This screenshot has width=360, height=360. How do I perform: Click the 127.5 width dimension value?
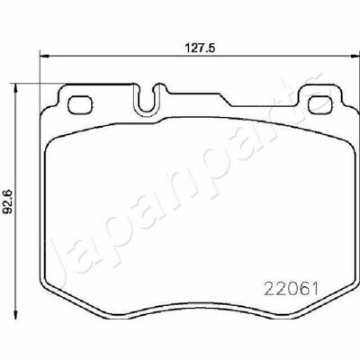click(200, 48)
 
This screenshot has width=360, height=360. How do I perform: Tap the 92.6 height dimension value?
click(7, 201)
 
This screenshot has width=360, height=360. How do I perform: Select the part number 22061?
click(291, 289)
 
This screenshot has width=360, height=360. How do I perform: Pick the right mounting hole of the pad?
click(320, 104)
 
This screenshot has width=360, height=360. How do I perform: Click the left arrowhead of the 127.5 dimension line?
click(44, 56)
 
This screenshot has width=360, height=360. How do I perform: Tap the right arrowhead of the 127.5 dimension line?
click(355, 56)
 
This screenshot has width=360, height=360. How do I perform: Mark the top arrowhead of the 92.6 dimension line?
click(16, 88)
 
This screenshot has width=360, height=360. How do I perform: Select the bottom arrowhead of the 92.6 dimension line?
click(16, 314)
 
